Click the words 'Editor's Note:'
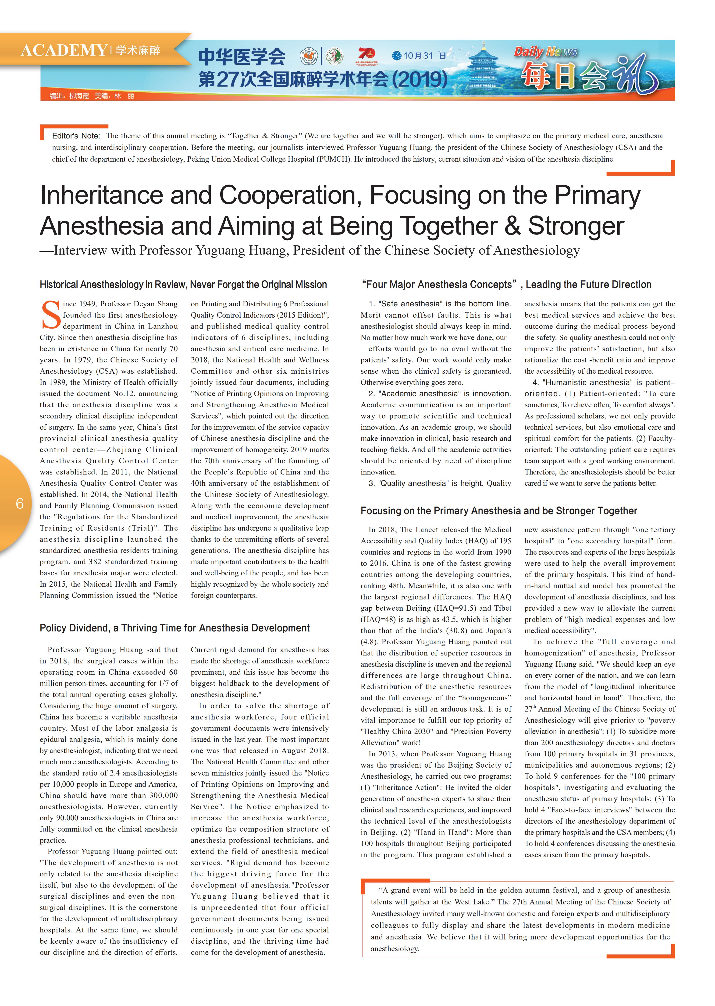(76, 136)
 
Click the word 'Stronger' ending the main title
(576, 226)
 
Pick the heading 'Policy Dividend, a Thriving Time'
(174, 628)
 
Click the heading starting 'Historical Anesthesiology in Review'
(183, 285)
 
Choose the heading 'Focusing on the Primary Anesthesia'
(498, 511)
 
